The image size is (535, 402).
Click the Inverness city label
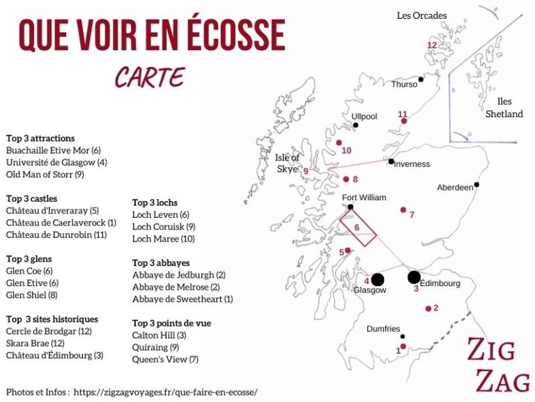point(412,164)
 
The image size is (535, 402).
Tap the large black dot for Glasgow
point(378,280)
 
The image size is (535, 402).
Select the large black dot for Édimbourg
point(414,277)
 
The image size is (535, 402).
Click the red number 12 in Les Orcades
point(432,45)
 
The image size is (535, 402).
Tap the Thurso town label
point(405,84)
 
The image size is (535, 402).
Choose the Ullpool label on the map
point(364,117)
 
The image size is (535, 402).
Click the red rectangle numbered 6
point(357,228)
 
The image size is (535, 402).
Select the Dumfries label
point(384,329)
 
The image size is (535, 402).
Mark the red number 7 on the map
point(412,215)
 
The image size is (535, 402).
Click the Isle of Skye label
point(287,163)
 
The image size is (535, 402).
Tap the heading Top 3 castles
point(32,199)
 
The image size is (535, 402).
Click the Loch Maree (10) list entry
point(164,239)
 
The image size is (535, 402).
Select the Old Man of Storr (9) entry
point(45,174)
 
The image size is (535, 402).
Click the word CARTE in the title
point(150,77)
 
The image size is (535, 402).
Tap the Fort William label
point(364,198)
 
